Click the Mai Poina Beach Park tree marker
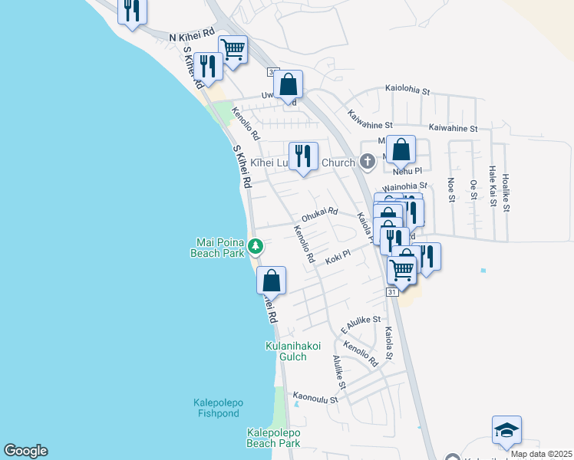tap(256, 247)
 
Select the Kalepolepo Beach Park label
tap(273, 438)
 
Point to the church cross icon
tap(368, 162)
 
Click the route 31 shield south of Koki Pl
tap(392, 292)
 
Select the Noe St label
tap(450, 190)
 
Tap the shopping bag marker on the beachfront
tap(270, 280)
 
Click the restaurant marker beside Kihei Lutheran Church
tap(303, 156)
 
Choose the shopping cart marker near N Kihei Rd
tap(233, 50)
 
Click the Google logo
tap(25, 451)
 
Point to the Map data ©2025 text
tap(541, 454)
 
